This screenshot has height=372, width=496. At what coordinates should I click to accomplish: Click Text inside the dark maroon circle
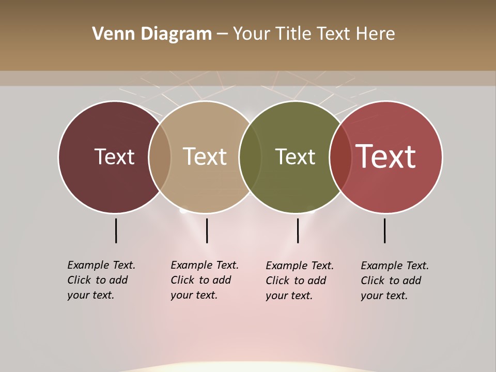[x=114, y=157]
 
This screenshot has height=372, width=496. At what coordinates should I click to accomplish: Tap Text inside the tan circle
[x=205, y=157]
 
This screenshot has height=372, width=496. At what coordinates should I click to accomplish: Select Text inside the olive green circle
[x=295, y=157]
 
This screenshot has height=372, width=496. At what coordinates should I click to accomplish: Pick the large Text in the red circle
[x=385, y=157]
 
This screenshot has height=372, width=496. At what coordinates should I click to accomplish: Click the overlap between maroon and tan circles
[x=160, y=157]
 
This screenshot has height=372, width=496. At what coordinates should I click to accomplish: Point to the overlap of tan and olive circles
[x=250, y=157]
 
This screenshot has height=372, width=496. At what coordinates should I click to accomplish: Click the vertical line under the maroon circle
[x=116, y=230]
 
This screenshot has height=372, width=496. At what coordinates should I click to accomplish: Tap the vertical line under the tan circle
[x=207, y=230]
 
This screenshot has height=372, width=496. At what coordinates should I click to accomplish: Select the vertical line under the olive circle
[x=298, y=230]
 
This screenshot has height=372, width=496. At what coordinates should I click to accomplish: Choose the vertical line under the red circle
[x=385, y=230]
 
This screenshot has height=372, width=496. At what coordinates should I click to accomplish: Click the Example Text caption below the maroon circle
[x=101, y=280]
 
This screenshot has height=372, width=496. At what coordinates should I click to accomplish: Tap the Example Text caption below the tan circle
[x=204, y=280]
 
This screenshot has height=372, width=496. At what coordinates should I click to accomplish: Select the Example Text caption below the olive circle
[x=299, y=281]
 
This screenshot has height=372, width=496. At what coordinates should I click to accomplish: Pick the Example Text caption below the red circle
[x=394, y=281]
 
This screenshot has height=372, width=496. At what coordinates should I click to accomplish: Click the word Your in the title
[x=252, y=34]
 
